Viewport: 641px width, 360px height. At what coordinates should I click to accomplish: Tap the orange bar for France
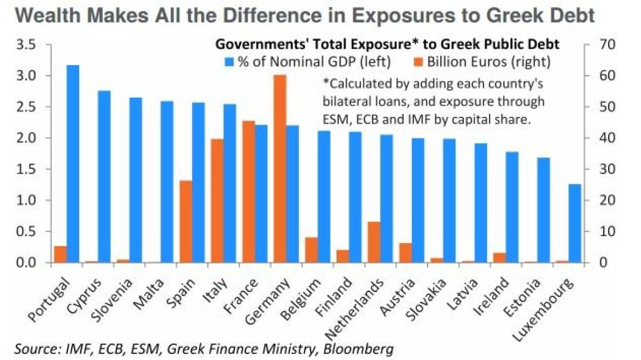coord(249,192)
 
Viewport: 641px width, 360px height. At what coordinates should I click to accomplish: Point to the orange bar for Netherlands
coord(374,242)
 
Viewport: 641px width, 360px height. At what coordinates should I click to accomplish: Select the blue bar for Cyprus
coord(104,176)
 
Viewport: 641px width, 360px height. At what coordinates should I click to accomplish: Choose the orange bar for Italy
coord(217,200)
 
